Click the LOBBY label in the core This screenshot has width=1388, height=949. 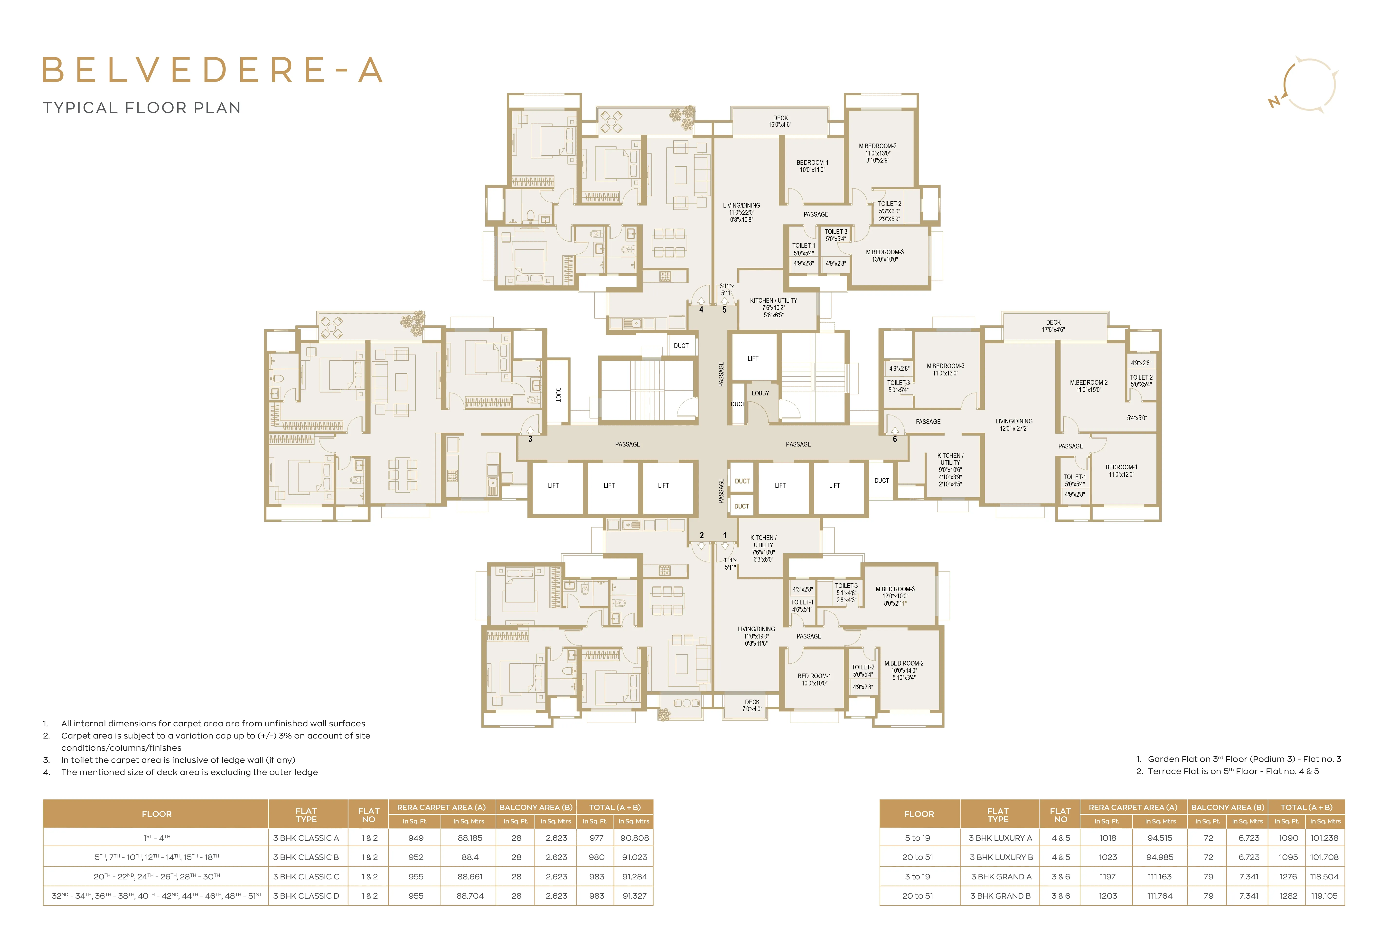[x=760, y=393]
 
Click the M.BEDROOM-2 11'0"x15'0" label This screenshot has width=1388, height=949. [x=1089, y=386]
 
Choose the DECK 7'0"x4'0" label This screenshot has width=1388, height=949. [x=752, y=705]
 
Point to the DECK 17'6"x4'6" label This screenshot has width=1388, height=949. [x=1053, y=326]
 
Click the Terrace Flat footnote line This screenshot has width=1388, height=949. [x=1227, y=771]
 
